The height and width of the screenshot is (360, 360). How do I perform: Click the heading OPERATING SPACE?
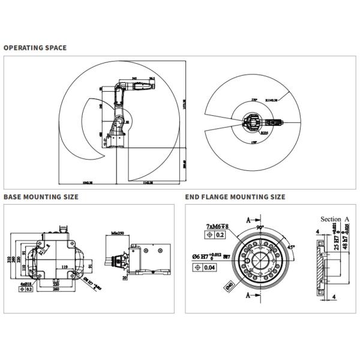(35, 47)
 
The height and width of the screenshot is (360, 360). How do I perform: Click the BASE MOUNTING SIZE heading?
(41, 197)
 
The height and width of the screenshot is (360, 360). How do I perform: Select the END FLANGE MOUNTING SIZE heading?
(235, 197)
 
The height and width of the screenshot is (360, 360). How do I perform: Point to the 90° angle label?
(261, 228)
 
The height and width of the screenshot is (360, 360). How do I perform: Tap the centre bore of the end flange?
(260, 263)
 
